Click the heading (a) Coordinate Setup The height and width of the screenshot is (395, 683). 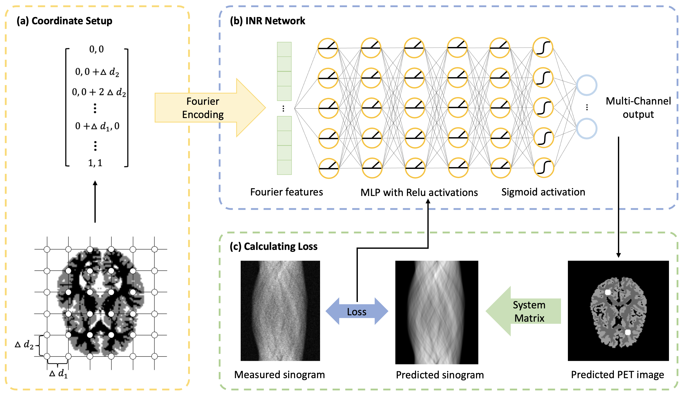coord(64,21)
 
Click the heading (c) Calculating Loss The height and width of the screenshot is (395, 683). coord(273,246)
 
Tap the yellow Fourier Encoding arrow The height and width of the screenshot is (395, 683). coord(206,108)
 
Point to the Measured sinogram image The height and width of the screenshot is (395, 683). coord(280,311)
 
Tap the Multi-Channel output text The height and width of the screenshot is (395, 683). coord(638,108)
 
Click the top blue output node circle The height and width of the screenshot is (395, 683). coord(586,85)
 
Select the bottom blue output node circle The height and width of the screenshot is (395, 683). coord(586,129)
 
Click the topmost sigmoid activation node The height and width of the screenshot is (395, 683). coord(542,48)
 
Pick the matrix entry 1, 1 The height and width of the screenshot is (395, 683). coord(95,163)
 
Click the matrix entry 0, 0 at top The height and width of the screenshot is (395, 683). coord(96,49)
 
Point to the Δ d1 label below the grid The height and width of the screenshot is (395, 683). coord(58,374)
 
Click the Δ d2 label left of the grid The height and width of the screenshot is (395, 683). coord(25,345)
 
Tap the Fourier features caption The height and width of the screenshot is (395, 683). coord(286,192)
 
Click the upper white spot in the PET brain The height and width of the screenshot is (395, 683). coord(608,292)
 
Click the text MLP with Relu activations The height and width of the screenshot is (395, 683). coord(419,193)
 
